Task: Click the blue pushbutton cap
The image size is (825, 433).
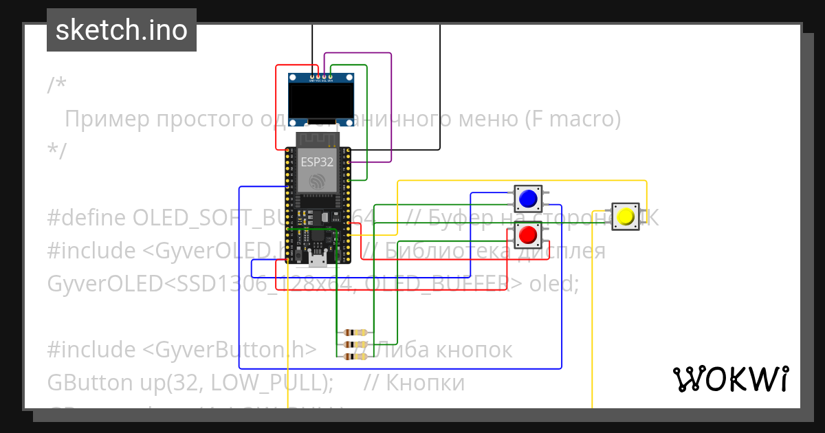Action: [x=528, y=199]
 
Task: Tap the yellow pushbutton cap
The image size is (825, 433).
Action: [x=626, y=216]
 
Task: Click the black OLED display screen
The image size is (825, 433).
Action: [x=320, y=101]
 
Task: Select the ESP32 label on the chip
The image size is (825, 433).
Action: [x=317, y=163]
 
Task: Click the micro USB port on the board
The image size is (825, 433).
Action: [x=318, y=259]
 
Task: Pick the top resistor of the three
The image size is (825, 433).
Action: [x=355, y=333]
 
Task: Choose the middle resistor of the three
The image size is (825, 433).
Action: [x=355, y=345]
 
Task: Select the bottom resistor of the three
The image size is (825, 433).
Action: [x=355, y=357]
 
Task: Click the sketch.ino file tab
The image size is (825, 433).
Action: [x=122, y=30]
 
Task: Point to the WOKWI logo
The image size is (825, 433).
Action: [x=731, y=379]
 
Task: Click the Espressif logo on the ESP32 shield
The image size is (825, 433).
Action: [x=317, y=181]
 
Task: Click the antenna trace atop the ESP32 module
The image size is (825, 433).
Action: [x=317, y=140]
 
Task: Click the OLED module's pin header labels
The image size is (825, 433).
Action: [x=320, y=80]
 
